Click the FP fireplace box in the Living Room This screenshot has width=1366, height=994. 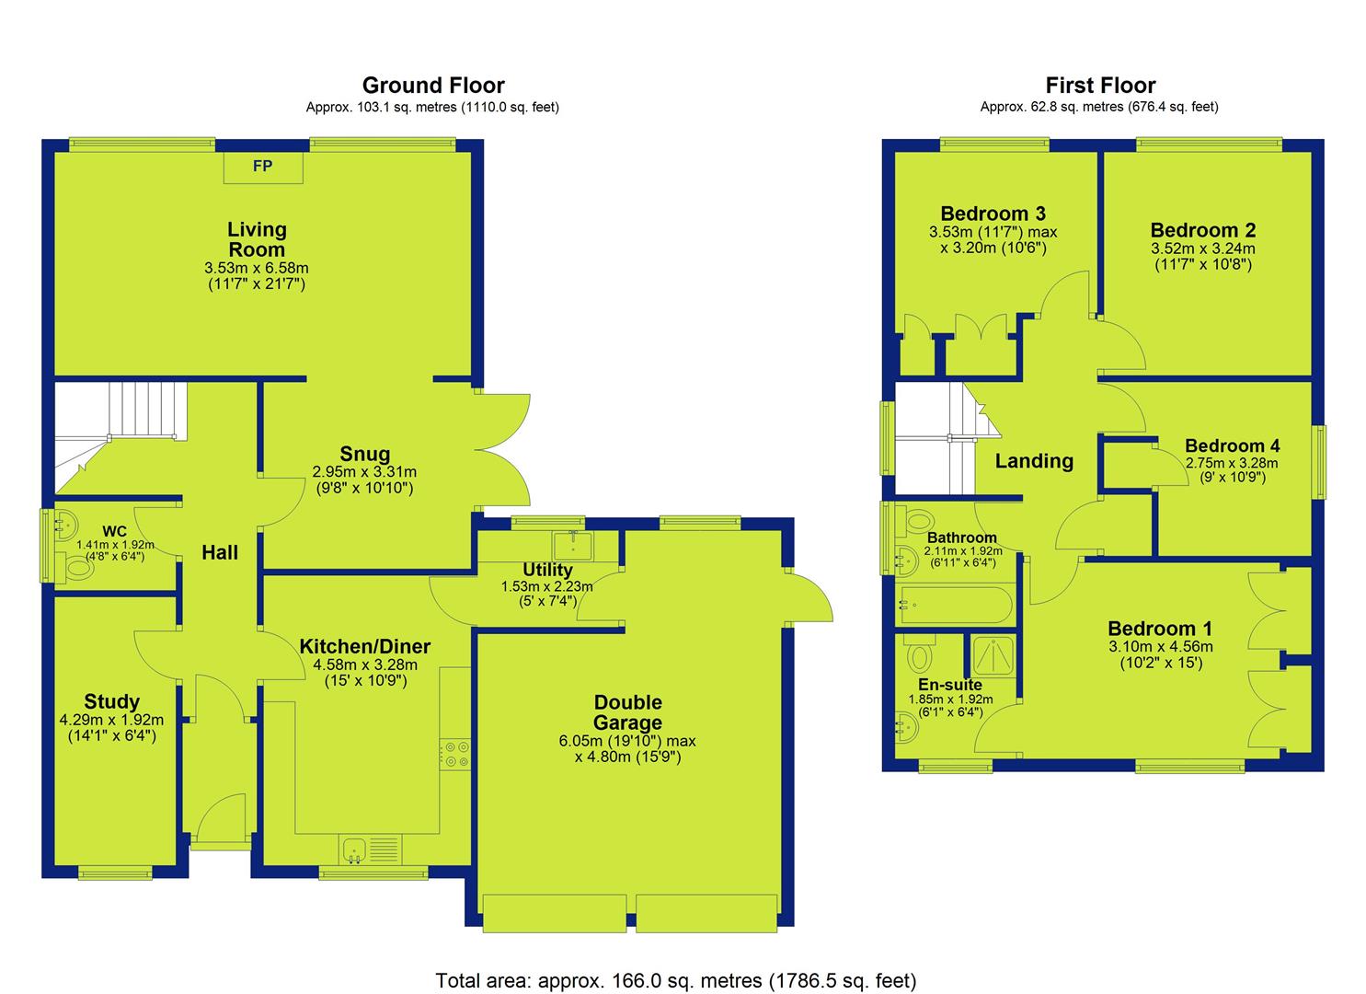263,168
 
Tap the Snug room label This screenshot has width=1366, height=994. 364,454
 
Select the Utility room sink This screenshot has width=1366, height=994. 572,546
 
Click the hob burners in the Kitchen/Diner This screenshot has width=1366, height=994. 455,754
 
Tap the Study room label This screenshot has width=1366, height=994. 111,701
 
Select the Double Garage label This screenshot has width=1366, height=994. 627,712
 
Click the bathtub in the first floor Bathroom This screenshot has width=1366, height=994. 957,606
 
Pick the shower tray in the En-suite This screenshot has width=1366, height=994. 993,656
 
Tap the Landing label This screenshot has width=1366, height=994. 1034,461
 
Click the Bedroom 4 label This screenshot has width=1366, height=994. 1233,445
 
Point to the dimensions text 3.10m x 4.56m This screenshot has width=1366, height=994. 1161,646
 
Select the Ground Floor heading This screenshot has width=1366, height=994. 433,85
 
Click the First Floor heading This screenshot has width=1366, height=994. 1101,85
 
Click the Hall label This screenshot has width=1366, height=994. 220,553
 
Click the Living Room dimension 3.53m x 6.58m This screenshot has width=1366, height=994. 256,268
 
